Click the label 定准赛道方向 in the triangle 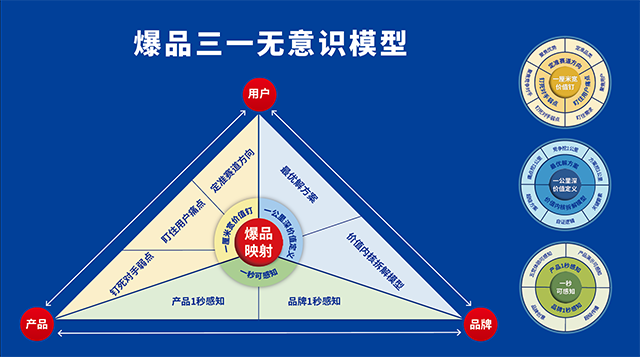[231, 170]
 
